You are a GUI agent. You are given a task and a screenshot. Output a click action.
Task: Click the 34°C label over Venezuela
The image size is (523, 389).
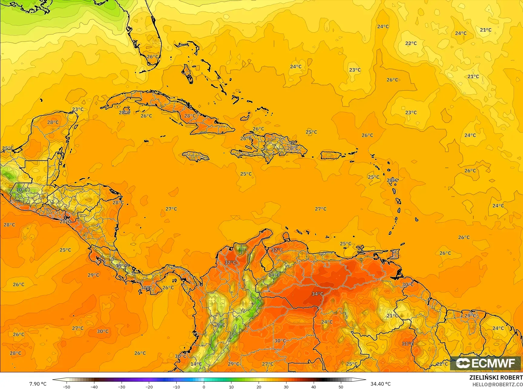(x=317, y=294)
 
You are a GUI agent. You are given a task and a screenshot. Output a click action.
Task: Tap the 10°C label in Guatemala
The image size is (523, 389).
(x=22, y=190)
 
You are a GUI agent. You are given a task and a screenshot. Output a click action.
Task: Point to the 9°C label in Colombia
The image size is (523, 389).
(x=221, y=325)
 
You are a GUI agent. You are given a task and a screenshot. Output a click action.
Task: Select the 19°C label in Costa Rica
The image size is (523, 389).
(x=122, y=266)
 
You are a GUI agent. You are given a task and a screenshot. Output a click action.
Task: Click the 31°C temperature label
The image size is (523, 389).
(x=407, y=344)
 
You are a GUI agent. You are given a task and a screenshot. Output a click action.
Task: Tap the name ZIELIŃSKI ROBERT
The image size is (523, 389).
(x=496, y=378)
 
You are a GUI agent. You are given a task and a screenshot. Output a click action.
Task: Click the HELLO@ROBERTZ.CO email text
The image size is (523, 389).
(x=498, y=384)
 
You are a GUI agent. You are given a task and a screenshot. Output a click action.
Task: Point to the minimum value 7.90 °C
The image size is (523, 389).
(x=38, y=384)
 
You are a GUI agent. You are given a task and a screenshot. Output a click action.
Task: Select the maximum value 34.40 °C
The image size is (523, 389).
(x=381, y=384)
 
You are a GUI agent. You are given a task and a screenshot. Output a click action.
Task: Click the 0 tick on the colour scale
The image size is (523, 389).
(x=204, y=387)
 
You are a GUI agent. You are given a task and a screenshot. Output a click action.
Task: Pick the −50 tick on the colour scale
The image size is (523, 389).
(x=67, y=387)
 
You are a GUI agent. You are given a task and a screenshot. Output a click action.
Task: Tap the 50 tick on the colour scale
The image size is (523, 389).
(x=341, y=387)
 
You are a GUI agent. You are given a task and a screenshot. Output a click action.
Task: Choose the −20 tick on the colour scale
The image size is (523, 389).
(x=149, y=387)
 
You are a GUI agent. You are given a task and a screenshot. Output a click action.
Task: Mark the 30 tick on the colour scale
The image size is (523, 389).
(x=286, y=387)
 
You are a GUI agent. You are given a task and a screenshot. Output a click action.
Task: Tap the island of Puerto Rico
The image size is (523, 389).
(x=331, y=155)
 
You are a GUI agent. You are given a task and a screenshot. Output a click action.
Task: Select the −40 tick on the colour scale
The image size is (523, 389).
(x=94, y=387)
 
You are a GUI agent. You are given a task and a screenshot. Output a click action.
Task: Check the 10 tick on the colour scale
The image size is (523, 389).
(x=231, y=387)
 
